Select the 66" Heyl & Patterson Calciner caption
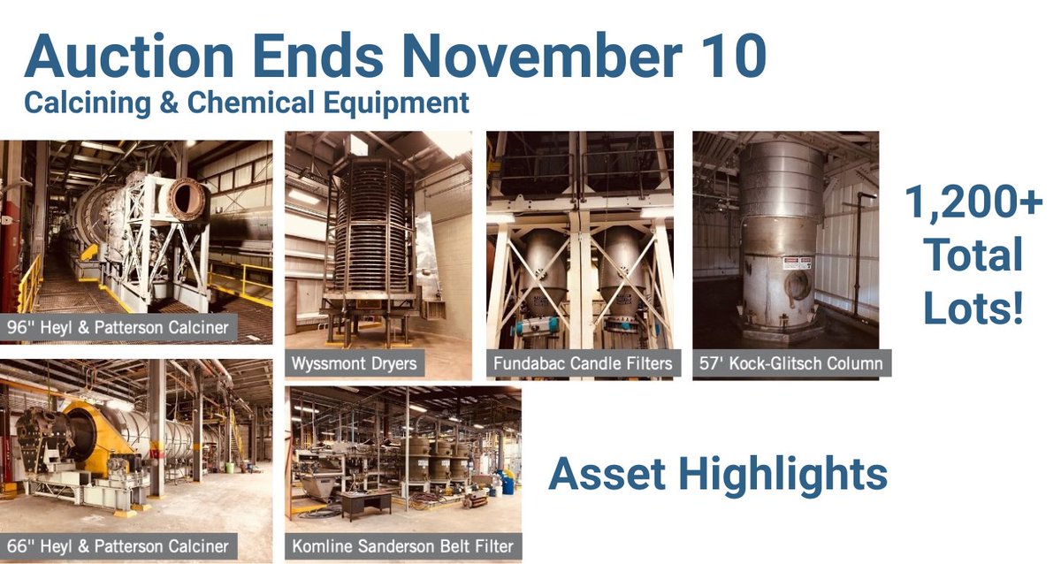click(118, 546)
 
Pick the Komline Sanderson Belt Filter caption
click(402, 546)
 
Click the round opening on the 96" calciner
click(186, 199)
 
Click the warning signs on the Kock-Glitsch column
click(799, 263)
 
